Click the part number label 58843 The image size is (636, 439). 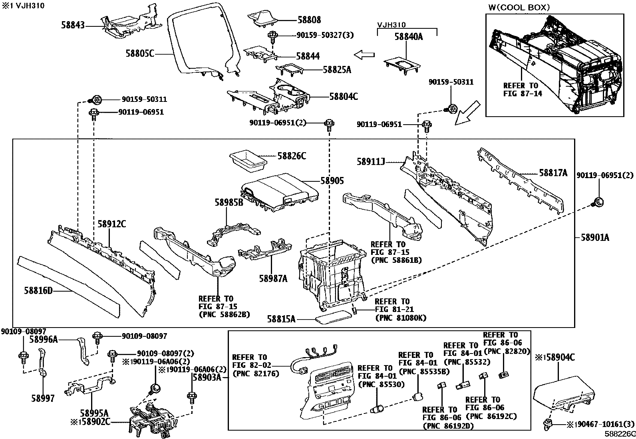click(x=73, y=25)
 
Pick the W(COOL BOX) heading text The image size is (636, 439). click(x=519, y=7)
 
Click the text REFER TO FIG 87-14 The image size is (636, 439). click(x=521, y=90)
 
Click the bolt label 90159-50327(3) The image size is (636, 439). click(x=325, y=35)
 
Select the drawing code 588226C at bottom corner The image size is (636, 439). click(x=620, y=433)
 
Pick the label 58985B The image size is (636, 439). click(x=229, y=203)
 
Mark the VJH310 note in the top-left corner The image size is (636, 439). click(x=23, y=6)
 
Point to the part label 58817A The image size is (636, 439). click(x=553, y=173)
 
